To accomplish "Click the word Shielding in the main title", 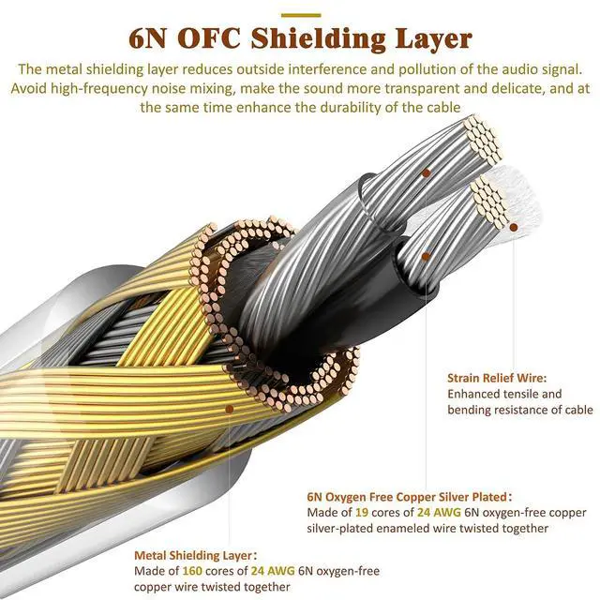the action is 318,39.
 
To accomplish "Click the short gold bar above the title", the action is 301,15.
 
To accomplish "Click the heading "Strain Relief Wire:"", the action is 497,378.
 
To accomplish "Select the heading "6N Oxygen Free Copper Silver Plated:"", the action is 410,497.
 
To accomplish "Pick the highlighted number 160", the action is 192,571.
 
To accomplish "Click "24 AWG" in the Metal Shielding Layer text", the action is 273,571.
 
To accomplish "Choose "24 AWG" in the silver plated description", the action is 439,513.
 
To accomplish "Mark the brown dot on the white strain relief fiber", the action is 514,227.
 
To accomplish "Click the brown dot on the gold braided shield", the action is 229,410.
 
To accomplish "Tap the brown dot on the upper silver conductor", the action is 426,172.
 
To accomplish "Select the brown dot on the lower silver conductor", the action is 426,256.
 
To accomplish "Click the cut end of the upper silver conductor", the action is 482,141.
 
